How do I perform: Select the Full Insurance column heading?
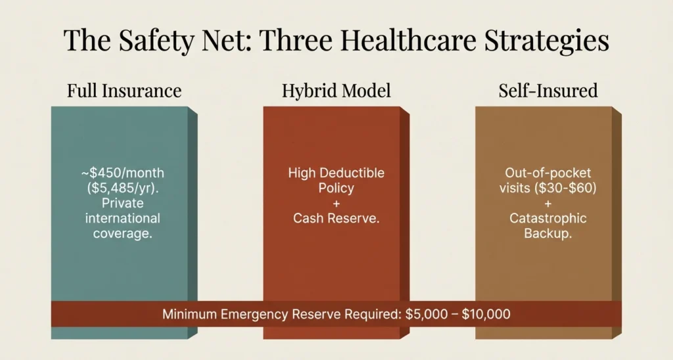(124, 90)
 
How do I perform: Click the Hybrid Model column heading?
(336, 90)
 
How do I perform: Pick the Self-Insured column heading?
(547, 90)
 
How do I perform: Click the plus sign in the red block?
(336, 203)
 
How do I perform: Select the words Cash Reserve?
(336, 218)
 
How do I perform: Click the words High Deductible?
(336, 173)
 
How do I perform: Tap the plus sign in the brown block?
(547, 203)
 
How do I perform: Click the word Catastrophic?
(547, 218)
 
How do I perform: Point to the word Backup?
(547, 233)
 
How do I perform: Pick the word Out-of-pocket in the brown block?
(547, 173)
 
